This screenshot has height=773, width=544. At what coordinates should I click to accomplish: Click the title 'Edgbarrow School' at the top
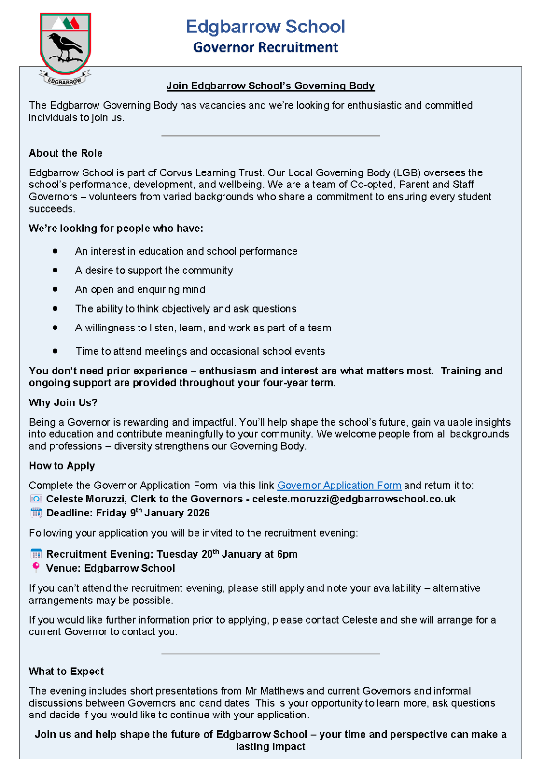click(x=265, y=27)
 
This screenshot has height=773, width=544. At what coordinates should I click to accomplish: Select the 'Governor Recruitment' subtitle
click(x=265, y=47)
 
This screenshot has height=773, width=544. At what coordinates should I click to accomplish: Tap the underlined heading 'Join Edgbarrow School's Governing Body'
click(x=270, y=86)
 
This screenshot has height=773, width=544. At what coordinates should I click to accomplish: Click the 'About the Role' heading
click(x=66, y=153)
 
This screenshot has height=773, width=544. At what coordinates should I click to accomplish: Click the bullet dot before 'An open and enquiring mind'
click(x=56, y=289)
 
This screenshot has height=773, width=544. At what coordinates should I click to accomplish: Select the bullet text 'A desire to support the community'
click(x=154, y=271)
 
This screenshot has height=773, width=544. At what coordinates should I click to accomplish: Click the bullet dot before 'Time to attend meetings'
click(x=56, y=351)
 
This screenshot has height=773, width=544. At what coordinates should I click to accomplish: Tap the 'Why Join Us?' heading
click(x=63, y=403)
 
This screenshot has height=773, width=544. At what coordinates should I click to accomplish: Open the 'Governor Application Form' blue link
click(x=339, y=486)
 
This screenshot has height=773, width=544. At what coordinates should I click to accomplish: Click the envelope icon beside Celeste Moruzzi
click(x=36, y=499)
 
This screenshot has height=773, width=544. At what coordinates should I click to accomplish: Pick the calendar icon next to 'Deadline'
click(x=36, y=513)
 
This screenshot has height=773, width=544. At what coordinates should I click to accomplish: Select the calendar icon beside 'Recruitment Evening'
click(x=36, y=554)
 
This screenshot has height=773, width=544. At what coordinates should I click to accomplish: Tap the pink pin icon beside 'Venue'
click(x=36, y=568)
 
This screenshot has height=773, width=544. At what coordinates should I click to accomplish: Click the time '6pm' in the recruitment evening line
click(x=287, y=554)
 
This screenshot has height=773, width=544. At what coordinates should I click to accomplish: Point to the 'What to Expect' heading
click(x=66, y=672)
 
